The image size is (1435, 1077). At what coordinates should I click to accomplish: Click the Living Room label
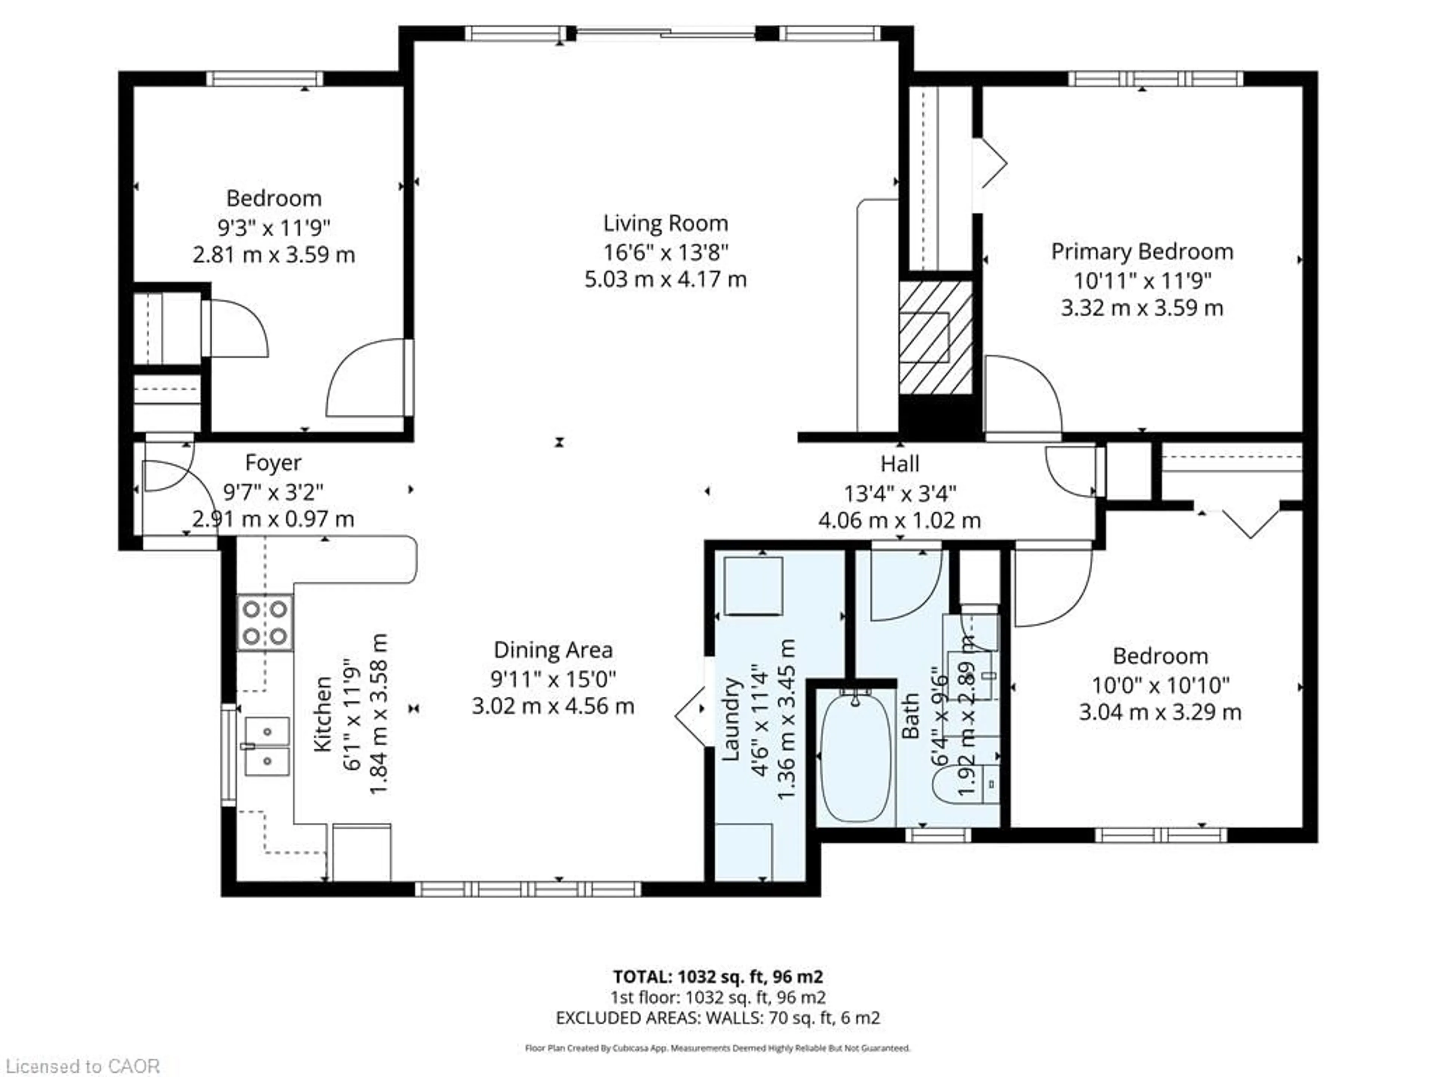(x=666, y=223)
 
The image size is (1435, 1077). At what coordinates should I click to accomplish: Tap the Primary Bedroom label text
(x=1142, y=252)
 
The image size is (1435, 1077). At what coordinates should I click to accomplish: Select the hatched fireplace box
(x=935, y=338)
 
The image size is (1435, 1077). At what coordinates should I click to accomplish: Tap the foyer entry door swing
(x=166, y=475)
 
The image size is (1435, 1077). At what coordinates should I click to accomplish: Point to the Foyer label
(x=273, y=463)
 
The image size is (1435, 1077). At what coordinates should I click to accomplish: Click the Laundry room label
(x=731, y=719)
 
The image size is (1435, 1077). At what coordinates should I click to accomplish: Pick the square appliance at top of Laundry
(x=753, y=586)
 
